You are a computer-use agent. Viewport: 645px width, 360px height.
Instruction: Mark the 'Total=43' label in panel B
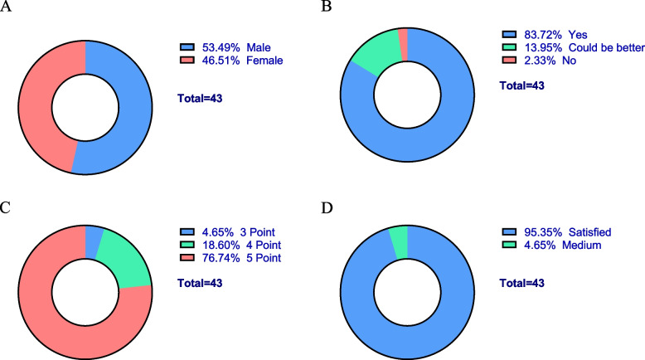525,86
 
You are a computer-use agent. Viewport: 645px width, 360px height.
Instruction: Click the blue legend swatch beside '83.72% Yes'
509,35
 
